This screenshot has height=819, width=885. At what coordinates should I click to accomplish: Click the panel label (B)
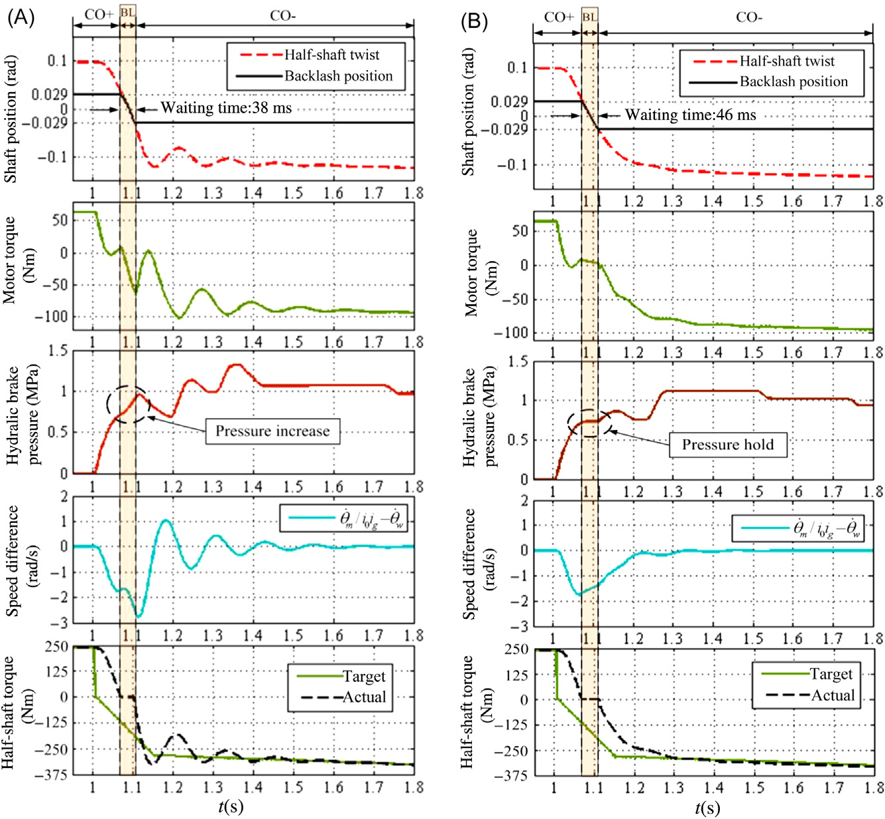(x=475, y=21)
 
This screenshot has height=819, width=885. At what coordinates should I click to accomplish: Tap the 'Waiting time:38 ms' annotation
(x=226, y=108)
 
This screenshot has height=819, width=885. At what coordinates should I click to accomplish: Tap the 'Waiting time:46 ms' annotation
(x=690, y=115)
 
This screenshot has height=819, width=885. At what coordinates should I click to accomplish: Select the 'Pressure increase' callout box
(x=272, y=431)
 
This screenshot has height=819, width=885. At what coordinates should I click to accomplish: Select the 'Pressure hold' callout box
(x=728, y=444)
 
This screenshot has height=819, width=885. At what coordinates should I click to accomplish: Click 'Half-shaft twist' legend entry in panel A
(x=331, y=55)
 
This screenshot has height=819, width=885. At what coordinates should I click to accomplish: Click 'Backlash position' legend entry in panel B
(x=794, y=82)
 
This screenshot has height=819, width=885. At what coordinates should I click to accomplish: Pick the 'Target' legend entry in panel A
(x=363, y=676)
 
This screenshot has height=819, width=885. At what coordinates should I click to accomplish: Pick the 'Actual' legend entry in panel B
(x=833, y=695)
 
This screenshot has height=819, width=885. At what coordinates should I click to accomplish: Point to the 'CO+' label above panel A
(x=98, y=15)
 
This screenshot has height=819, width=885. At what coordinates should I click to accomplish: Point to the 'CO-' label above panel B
(x=748, y=17)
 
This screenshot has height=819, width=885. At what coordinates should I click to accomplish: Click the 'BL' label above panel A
(x=127, y=13)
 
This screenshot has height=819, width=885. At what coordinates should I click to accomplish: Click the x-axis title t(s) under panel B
(x=707, y=808)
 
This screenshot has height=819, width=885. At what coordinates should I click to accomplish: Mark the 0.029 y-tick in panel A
(x=49, y=94)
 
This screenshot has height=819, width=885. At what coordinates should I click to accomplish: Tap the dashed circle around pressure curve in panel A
(x=129, y=404)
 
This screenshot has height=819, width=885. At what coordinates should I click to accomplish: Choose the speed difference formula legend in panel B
(x=798, y=528)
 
